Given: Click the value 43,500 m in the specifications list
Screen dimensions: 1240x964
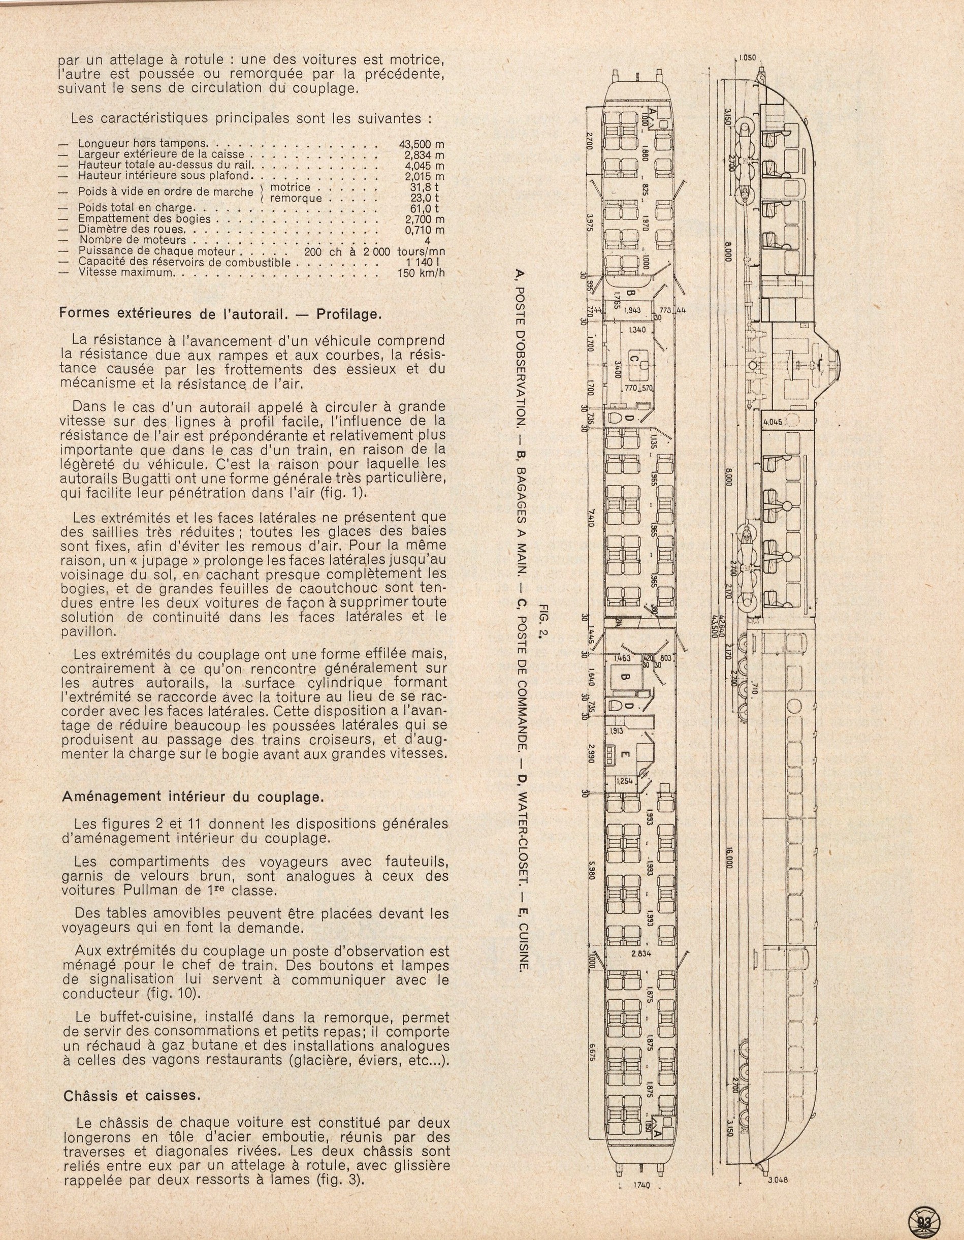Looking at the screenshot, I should coord(421,144).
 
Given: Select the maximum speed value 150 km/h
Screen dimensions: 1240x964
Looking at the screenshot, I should coord(421,272).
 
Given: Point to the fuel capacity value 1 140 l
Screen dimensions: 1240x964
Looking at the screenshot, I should coord(426,262).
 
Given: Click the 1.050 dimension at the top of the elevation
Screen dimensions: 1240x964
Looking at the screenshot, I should coord(751,58).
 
